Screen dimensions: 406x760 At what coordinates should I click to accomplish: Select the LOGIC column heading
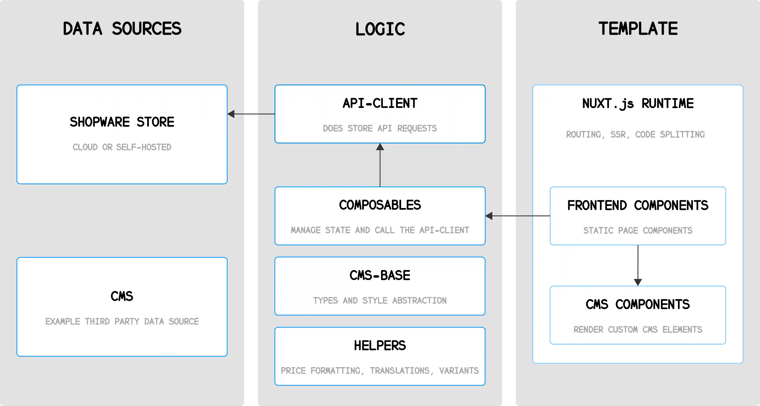(x=380, y=29)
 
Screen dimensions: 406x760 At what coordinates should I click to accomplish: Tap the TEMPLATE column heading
(x=638, y=29)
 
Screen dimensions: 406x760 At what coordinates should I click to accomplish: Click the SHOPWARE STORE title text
(x=122, y=122)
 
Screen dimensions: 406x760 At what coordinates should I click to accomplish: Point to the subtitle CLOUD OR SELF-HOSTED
(x=122, y=147)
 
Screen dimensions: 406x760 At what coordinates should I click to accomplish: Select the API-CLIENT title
(x=380, y=103)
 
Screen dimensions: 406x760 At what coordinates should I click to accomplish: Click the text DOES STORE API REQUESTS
(x=380, y=128)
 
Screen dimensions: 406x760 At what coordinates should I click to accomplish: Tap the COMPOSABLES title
(x=380, y=205)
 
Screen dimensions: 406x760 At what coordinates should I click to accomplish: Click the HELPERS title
(x=380, y=346)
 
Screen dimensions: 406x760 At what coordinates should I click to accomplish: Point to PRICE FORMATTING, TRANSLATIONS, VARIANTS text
(x=380, y=371)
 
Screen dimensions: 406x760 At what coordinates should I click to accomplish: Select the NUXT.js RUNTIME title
(x=638, y=103)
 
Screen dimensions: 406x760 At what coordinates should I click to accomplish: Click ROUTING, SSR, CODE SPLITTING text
(x=635, y=135)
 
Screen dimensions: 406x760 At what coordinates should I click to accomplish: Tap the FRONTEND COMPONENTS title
(x=638, y=205)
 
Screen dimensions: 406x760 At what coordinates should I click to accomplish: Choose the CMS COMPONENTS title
(x=638, y=304)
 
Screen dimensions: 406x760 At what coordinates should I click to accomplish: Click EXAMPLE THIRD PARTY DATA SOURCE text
(x=122, y=321)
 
